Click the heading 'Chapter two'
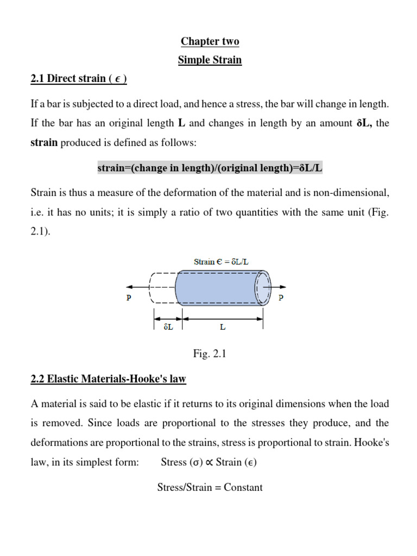point(210,42)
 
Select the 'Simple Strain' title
point(210,60)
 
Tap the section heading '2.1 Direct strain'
point(79,79)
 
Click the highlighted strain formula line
point(210,168)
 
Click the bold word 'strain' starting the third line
point(44,143)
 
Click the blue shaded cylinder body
point(220,287)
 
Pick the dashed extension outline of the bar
point(162,287)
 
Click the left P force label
point(129,298)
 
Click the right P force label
point(280,298)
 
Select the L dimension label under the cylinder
point(223,327)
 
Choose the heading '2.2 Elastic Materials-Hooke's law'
point(109,380)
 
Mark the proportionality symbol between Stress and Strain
point(208,462)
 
